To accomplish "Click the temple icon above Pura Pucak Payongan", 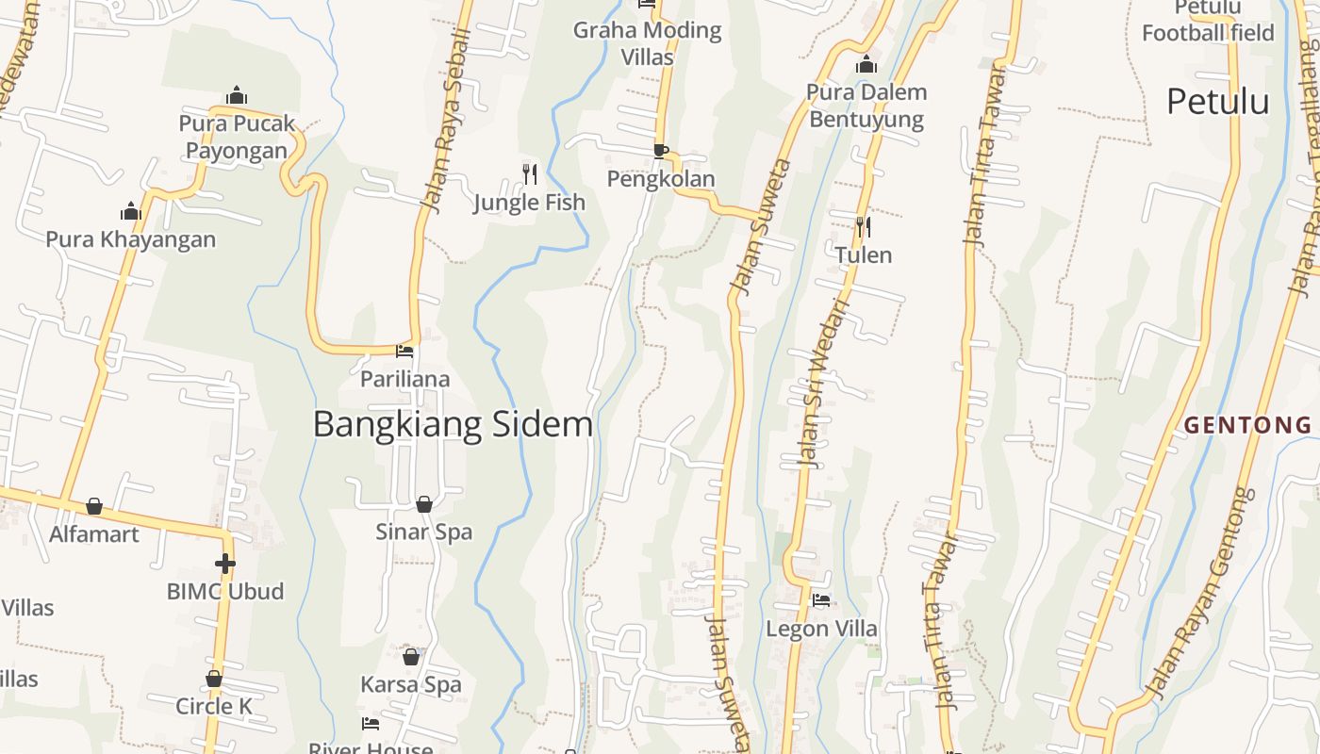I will [237, 95].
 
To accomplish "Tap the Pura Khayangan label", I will [131, 239].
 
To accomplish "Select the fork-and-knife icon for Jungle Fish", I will [530, 173].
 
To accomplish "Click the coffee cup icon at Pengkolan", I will [661, 151].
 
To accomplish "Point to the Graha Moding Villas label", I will [647, 43].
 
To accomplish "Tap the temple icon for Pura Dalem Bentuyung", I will [866, 65].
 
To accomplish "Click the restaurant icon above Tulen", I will [863, 226].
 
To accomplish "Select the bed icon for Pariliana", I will [404, 352].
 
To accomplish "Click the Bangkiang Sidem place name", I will [453, 424].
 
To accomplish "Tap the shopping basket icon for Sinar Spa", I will [424, 504].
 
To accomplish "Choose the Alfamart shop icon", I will [94, 507].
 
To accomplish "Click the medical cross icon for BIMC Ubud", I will [224, 564].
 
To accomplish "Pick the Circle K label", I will [214, 706].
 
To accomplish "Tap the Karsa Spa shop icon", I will [411, 657].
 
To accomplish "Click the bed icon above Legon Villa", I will [821, 600].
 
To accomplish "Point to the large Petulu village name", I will [1217, 101].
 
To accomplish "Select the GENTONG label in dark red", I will [1247, 425].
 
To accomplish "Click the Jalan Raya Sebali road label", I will [447, 119].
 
